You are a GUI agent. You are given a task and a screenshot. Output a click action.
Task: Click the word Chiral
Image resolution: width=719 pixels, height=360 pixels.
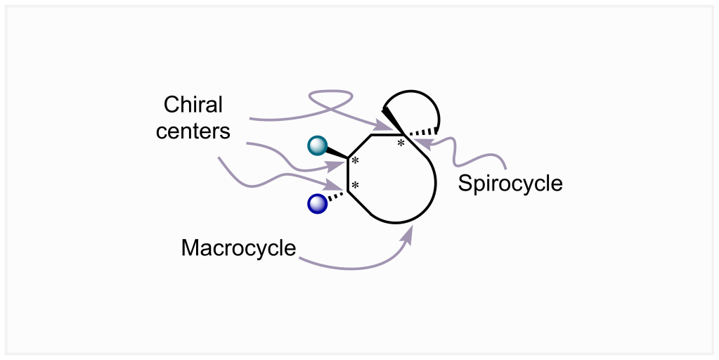coord(193,105)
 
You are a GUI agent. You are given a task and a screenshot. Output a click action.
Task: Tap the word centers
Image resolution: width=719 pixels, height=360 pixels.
coord(193,131)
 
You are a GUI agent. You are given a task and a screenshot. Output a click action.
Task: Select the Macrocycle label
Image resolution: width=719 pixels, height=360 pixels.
coord(238,248)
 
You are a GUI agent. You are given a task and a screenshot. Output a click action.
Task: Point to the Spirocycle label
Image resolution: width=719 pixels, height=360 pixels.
coord(510,184)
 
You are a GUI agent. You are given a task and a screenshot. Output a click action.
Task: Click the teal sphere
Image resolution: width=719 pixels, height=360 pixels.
coord(318,146)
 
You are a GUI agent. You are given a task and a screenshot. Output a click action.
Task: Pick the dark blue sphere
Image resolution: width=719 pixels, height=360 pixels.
coord(318,204)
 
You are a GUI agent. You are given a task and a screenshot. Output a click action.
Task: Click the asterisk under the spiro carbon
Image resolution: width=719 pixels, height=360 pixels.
coord(401,143)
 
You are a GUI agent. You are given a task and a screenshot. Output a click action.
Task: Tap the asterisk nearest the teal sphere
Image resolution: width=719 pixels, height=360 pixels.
coord(356,162)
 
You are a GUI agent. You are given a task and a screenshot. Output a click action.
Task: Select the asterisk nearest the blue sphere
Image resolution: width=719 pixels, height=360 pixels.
coord(356,186)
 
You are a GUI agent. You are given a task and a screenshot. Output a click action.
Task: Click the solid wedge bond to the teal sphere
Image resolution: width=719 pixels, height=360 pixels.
coord(336,152)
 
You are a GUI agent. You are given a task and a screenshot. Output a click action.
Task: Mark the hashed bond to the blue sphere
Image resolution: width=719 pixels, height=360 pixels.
coord(337,196)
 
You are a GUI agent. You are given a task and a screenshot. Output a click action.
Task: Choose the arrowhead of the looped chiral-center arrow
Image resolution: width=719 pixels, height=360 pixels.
coord(383,127)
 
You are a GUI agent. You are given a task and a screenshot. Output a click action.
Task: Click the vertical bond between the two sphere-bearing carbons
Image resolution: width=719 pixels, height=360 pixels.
coord(348,174)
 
